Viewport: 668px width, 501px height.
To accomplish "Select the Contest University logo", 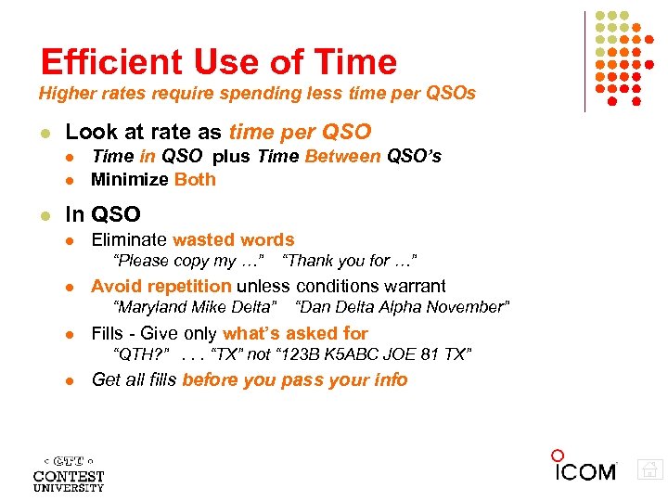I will click(x=69, y=473).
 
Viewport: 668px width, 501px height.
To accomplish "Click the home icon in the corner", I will click(x=650, y=469).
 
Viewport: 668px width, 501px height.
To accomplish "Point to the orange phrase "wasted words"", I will click(x=233, y=240).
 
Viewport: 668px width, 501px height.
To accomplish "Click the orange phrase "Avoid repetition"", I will click(x=161, y=287).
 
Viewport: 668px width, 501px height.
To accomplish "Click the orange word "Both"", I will click(x=195, y=179).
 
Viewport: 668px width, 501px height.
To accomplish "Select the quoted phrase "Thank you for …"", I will click(x=355, y=261).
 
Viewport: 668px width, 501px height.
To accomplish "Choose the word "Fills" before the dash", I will click(x=108, y=333).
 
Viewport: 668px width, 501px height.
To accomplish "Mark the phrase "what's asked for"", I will click(x=295, y=333).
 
